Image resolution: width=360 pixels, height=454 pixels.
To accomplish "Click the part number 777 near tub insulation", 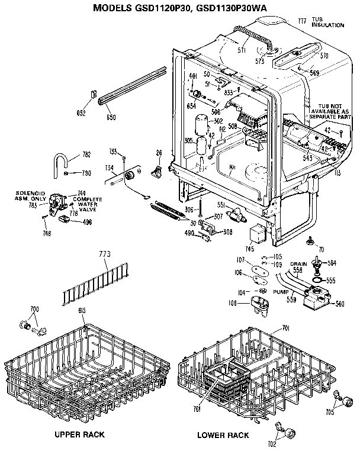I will pos(302,21).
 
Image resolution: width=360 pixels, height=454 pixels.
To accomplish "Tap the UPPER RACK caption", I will pos(79,434).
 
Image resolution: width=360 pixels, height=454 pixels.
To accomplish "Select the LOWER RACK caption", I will pos(223,435).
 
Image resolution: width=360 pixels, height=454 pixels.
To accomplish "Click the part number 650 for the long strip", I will pos(111,118).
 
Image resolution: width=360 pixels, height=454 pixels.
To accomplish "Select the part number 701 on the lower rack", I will pos(285,329).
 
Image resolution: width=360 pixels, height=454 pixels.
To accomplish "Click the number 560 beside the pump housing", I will pos(340,304).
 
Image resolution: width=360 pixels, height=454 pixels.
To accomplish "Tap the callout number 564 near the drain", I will pos(332,263).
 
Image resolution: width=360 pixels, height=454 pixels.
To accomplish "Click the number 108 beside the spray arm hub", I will pos(233,304).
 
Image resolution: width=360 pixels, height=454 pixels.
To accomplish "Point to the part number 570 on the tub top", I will pos(323,57).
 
